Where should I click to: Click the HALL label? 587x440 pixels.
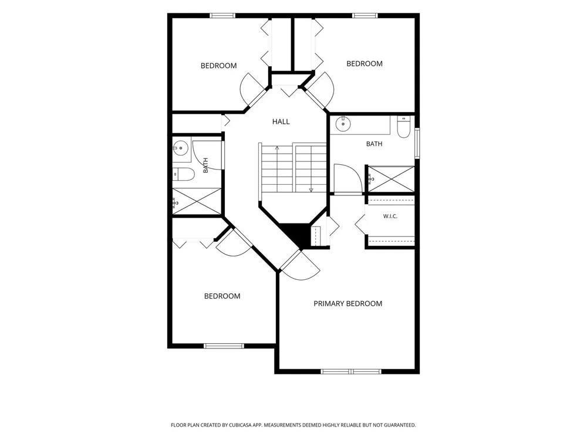coord(281,121)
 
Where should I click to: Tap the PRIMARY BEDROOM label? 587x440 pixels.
coord(348,303)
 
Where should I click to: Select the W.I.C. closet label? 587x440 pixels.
coord(390,216)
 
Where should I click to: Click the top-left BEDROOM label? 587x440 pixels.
coord(218,66)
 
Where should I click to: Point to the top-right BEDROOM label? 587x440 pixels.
coord(365,63)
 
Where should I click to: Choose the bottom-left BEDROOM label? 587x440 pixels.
coord(222,296)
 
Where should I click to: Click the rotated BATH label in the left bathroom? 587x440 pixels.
coord(205,165)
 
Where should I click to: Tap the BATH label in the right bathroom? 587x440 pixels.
coord(374,144)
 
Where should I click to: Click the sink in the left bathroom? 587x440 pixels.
coord(180,148)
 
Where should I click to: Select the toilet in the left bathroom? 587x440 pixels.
coord(183,174)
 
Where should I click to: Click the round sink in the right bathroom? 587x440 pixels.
coord(343,124)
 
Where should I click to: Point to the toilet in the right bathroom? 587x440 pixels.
coord(404,127)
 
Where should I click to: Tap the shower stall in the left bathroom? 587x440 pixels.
coord(197,202)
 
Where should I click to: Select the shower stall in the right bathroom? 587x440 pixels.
coord(392,180)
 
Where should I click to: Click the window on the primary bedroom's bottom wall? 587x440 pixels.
coord(351,371)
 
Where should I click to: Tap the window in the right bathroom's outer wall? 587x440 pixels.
coord(417,143)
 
